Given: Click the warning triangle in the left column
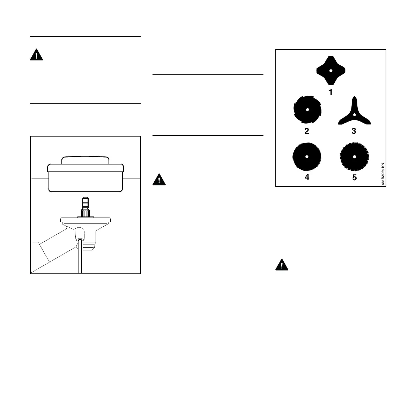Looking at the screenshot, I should point(36,55).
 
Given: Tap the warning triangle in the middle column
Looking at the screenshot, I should point(159,179).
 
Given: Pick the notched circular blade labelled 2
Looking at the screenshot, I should point(307,110).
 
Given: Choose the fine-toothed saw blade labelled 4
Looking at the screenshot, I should point(307,157).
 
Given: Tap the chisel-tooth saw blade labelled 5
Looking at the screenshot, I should point(354,157).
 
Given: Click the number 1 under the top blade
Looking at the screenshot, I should point(330,93).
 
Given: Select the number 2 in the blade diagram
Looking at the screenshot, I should point(307,131).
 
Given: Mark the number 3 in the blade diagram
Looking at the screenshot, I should point(354,131).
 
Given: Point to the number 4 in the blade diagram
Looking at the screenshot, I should point(307,177).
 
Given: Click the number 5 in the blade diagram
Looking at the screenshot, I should point(354,177).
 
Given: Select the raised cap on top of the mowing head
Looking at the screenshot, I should point(86,160).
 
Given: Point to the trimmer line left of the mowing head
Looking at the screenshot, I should point(39,178).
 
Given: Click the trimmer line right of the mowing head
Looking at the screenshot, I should point(132,178).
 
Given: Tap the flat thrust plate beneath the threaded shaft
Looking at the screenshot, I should point(86,220).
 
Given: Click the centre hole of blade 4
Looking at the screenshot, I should point(307,157).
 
